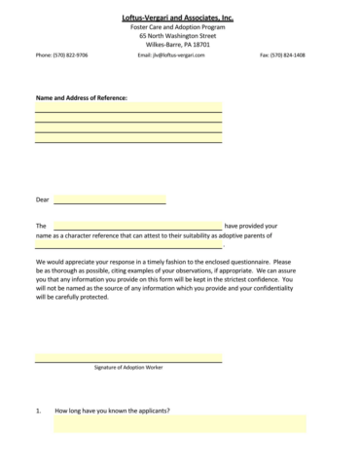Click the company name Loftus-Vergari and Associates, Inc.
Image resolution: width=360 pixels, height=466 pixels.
pos(180,18)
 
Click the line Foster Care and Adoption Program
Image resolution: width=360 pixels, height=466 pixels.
pos(180,27)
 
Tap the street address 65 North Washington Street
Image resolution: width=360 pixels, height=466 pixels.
pos(180,36)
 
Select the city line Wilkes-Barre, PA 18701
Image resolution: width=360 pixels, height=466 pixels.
pos(180,45)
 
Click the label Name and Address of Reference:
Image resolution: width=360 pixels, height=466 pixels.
pos(82,97)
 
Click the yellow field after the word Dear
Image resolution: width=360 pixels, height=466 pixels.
pos(110,199)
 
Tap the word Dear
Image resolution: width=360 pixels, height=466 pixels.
pos(42,199)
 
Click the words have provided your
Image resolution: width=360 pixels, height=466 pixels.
pos(251,225)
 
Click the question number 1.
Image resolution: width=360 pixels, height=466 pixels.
pos(38,411)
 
